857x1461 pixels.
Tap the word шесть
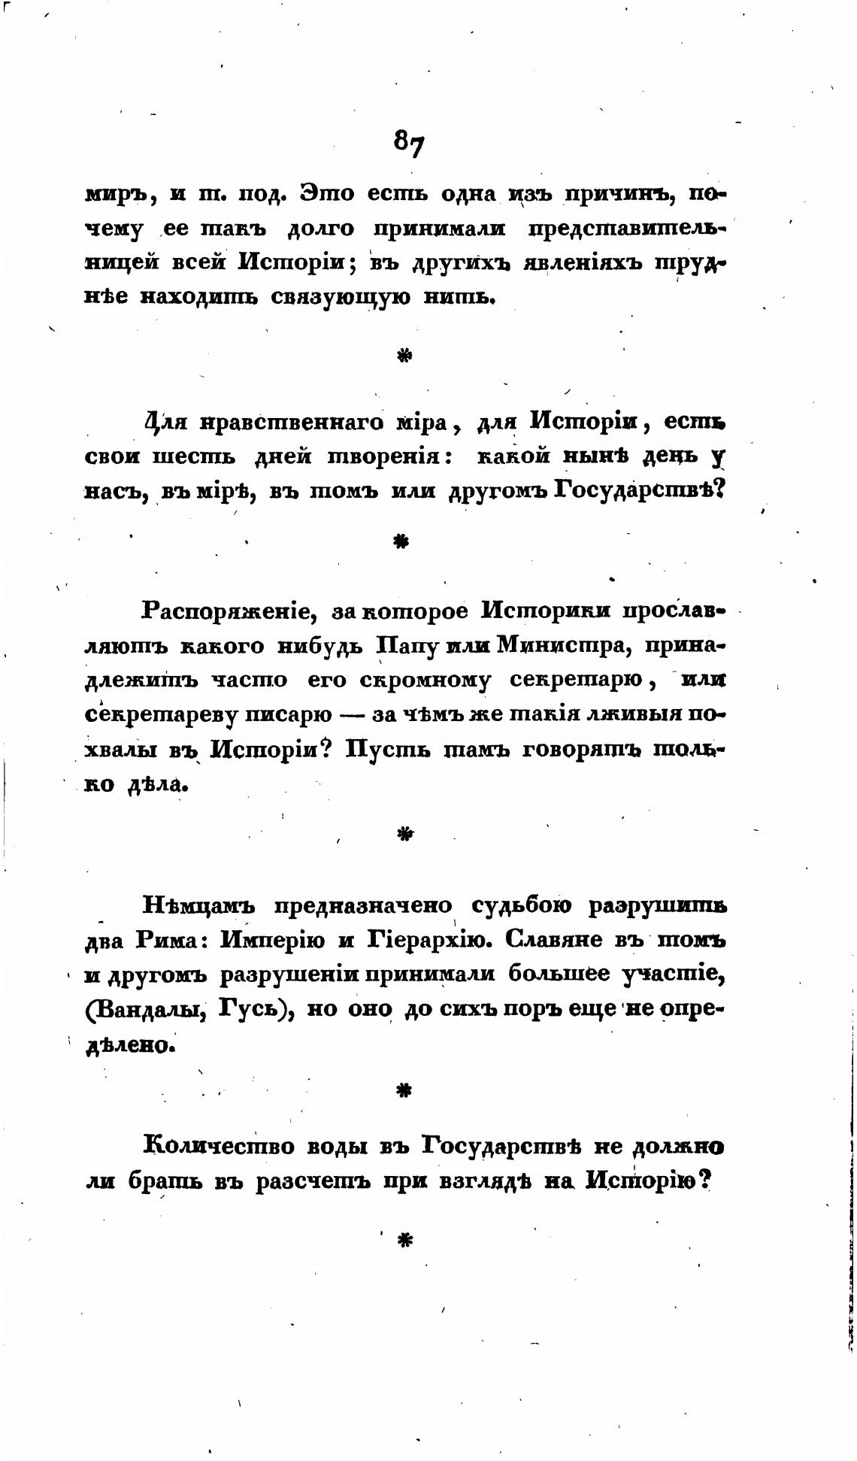click(196, 456)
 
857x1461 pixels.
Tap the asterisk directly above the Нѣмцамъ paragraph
click(405, 833)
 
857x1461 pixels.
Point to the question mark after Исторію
click(704, 1181)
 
